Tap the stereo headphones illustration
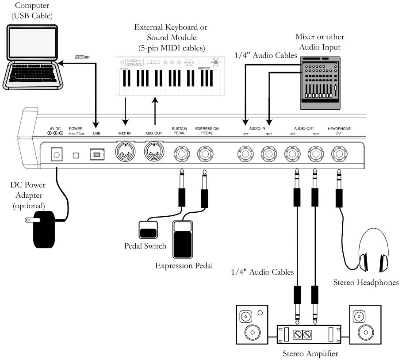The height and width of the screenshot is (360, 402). pyautogui.click(x=375, y=250)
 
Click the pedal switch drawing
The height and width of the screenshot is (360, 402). pyautogui.click(x=148, y=230)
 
